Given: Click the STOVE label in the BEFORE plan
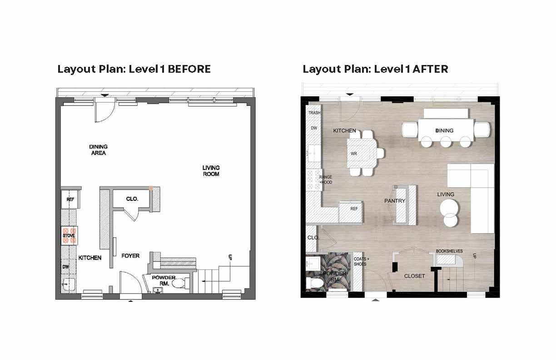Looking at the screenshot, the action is click(x=69, y=235).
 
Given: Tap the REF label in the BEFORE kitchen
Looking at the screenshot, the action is click(x=70, y=200).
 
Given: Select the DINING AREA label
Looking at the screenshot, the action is click(x=98, y=150).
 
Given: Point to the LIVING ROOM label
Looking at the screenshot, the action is click(x=211, y=171).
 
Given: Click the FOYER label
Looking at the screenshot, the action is click(x=130, y=256).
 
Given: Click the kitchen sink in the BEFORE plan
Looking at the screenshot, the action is click(x=68, y=284).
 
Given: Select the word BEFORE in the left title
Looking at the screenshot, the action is click(x=189, y=69).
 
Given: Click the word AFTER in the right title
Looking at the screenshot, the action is click(x=431, y=69).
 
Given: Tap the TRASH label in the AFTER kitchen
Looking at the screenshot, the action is click(x=314, y=113).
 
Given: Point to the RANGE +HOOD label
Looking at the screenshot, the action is click(x=326, y=180).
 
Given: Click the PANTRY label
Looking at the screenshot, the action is click(x=395, y=201).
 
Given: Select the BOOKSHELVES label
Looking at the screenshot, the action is click(x=449, y=251).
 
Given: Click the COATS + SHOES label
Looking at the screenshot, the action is click(x=361, y=262).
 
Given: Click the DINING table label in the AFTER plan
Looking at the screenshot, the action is click(x=444, y=131).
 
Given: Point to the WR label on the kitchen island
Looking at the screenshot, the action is click(x=354, y=154).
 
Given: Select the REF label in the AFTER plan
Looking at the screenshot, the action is click(x=354, y=209).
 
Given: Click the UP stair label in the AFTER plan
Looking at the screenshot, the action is click(x=474, y=256).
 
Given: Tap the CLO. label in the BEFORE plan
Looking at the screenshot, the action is click(x=132, y=199).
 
